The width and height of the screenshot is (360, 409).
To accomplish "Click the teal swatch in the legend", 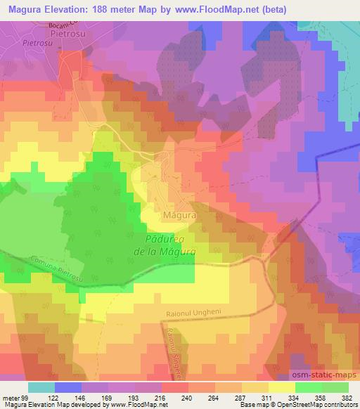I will coord(41,387).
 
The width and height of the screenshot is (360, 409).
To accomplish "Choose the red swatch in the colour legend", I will coord(174,387).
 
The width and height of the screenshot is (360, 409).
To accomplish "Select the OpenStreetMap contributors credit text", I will coord(317,404).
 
